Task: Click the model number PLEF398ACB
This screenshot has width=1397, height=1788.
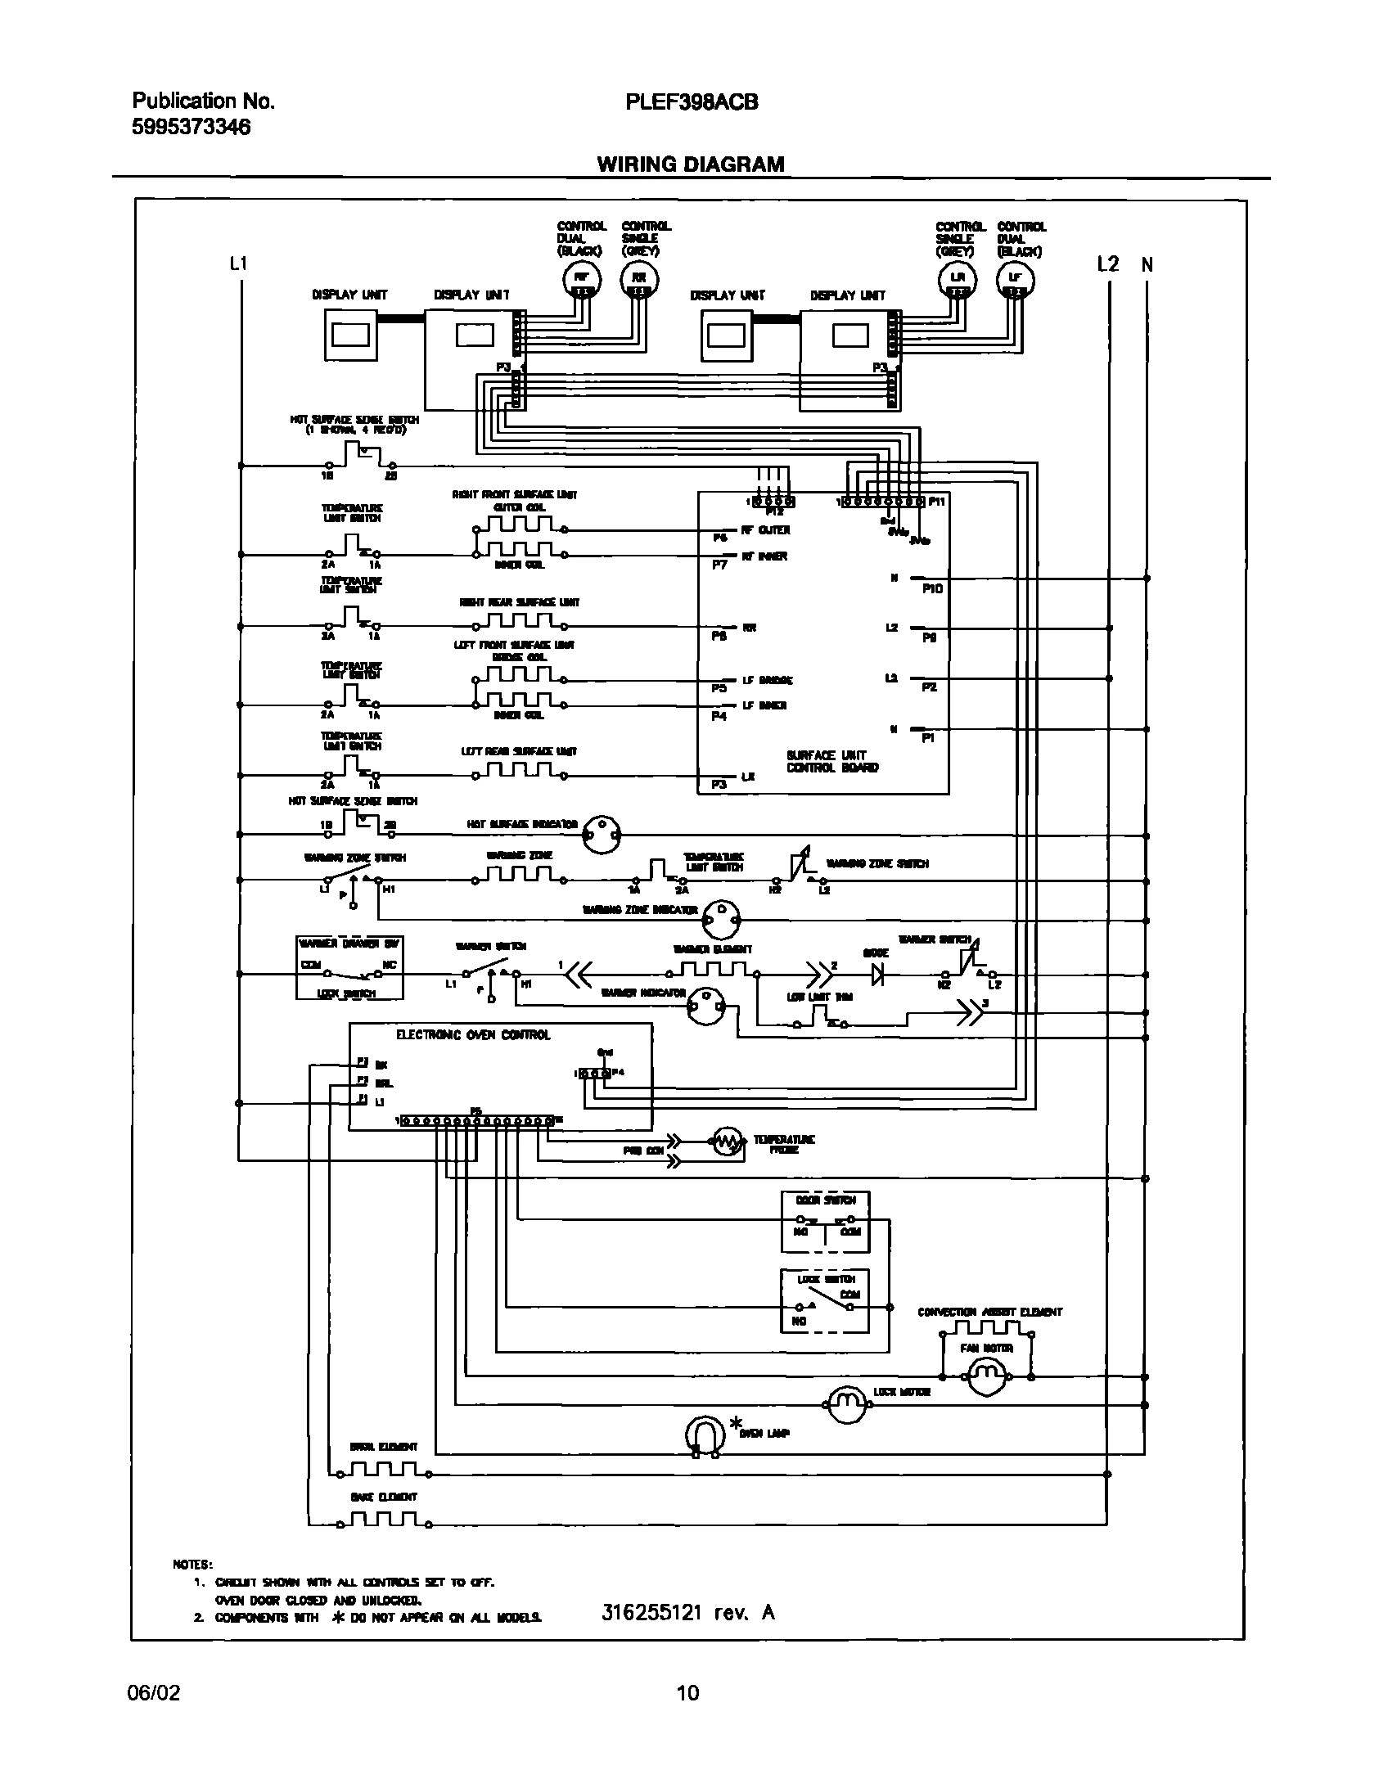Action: click(691, 101)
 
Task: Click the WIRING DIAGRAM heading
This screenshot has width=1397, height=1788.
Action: click(690, 164)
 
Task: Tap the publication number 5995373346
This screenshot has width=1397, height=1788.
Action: click(191, 127)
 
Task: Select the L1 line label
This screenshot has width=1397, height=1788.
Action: click(237, 263)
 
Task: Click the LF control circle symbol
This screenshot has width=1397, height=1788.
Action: click(1015, 279)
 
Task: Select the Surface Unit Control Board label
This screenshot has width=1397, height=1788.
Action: click(831, 761)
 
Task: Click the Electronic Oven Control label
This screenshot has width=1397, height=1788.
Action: click(473, 1035)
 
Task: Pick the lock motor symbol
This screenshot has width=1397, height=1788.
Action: click(844, 1405)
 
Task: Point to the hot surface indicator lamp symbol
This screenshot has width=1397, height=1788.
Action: click(602, 835)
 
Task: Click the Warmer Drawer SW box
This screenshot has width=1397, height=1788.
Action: click(349, 968)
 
